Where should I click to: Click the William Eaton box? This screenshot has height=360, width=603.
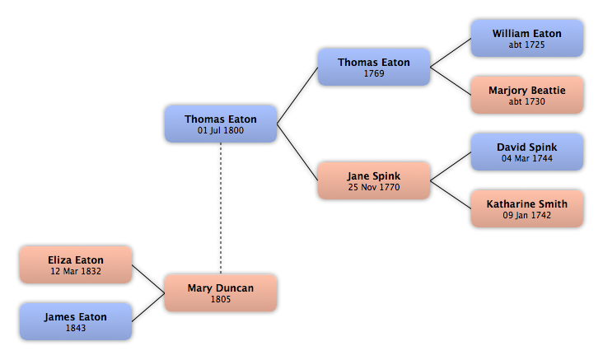[x=526, y=39]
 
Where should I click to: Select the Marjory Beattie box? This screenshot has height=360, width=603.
[x=526, y=96]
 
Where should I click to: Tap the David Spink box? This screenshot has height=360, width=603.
[x=526, y=152]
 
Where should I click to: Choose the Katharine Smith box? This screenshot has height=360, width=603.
[x=526, y=209]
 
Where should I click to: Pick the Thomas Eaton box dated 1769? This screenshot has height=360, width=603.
[x=373, y=68]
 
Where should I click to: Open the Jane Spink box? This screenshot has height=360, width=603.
[x=373, y=181]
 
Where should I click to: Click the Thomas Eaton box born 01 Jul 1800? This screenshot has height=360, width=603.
[x=220, y=124]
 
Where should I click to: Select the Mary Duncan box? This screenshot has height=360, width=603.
[x=220, y=293]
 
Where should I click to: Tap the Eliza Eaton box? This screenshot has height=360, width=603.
[x=75, y=265]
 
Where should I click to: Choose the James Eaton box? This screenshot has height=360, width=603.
[x=75, y=322]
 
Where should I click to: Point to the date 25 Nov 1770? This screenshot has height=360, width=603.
[x=374, y=187]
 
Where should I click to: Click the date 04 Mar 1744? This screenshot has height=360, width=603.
[x=527, y=158]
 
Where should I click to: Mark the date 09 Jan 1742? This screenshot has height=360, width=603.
[x=527, y=215]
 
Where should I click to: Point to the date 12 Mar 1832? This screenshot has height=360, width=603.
[x=76, y=271]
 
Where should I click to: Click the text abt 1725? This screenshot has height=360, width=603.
[x=527, y=44]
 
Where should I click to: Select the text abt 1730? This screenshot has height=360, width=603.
[x=527, y=101]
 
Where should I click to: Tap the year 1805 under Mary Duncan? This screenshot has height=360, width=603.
[x=221, y=299]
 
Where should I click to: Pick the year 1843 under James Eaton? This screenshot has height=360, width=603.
[x=76, y=328]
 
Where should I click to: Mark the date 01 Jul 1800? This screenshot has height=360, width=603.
[x=221, y=130]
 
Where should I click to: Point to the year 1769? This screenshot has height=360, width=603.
[x=374, y=73]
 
